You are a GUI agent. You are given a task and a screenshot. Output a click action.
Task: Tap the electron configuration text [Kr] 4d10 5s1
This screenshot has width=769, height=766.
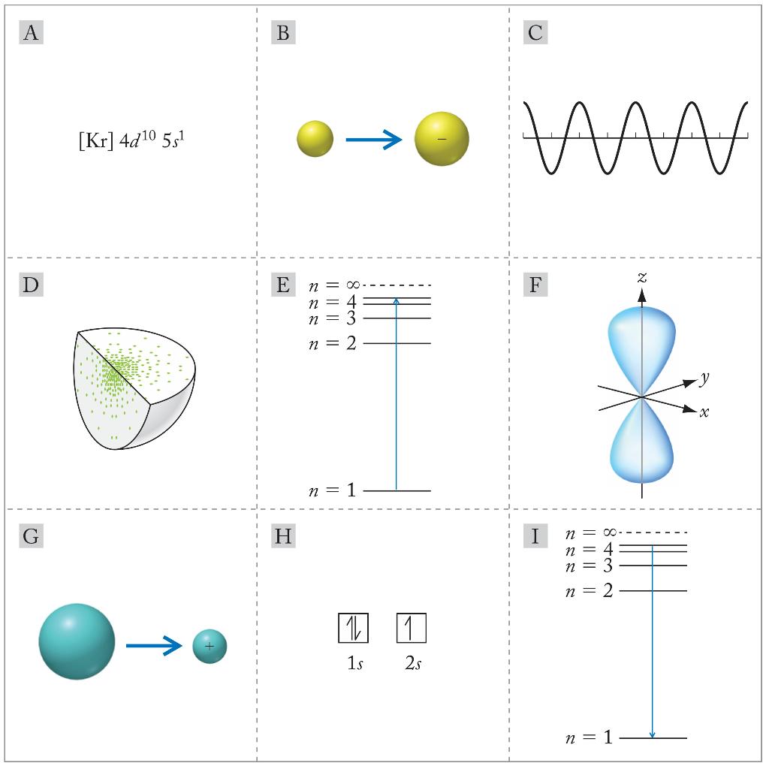pyautogui.click(x=131, y=140)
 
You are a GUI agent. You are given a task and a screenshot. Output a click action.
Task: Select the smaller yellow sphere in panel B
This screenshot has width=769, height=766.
pyautogui.click(x=315, y=139)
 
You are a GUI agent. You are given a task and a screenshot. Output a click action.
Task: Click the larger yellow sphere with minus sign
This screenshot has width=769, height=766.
pyautogui.click(x=442, y=139)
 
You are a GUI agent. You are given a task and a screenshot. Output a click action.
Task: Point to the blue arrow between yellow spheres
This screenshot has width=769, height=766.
pyautogui.click(x=373, y=139)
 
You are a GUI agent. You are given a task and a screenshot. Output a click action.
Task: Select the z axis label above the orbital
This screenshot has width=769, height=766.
pyautogui.click(x=641, y=278)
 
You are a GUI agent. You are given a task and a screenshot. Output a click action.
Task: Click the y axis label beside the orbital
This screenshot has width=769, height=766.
pyautogui.click(x=704, y=379)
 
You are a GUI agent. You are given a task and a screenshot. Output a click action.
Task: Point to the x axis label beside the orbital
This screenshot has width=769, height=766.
pyautogui.click(x=704, y=412)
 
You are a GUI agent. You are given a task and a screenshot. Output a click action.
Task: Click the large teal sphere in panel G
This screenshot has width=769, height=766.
pyautogui.click(x=77, y=642)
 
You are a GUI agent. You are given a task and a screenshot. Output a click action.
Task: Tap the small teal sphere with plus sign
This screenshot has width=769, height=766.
pyautogui.click(x=210, y=646)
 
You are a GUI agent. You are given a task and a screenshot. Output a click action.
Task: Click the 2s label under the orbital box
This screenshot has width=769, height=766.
pyautogui.click(x=412, y=665)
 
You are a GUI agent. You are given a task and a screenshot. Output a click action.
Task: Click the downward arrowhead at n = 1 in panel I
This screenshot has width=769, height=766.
pyautogui.click(x=653, y=734)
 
